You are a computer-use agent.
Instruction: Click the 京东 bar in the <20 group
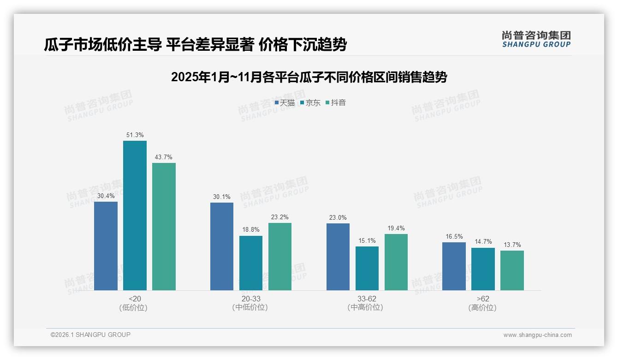[135, 216]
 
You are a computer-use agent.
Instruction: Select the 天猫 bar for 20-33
[222, 246]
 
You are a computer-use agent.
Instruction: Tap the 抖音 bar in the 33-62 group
[396, 262]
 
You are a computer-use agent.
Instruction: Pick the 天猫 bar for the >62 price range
[454, 266]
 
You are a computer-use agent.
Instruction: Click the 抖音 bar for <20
[164, 227]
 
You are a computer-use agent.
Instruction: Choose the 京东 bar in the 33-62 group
[367, 268]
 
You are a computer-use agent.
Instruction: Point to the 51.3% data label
[135, 135]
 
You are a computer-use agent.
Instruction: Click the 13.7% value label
[512, 245]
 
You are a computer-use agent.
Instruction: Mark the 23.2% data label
[280, 217]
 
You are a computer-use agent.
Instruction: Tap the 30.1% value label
[222, 197]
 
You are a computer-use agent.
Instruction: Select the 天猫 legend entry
[285, 103]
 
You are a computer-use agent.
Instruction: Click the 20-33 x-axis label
[250, 299]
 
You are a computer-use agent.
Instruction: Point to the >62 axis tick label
[483, 299]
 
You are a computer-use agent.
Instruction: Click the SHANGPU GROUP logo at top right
[536, 39]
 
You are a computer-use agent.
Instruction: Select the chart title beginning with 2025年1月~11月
[309, 77]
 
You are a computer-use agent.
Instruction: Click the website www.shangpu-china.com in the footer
[537, 335]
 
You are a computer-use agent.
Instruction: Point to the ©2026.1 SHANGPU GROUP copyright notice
[90, 335]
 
